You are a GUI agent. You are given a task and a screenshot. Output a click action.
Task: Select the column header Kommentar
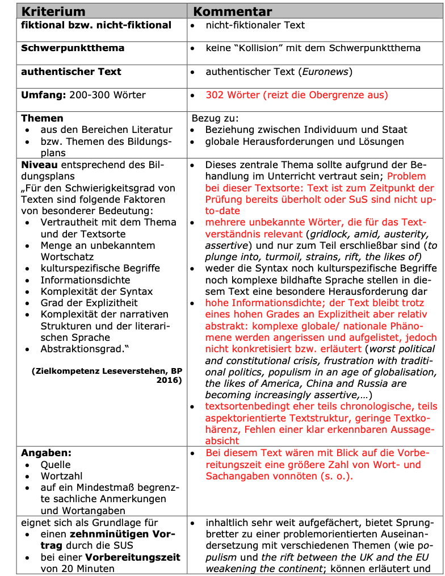[x=233, y=11]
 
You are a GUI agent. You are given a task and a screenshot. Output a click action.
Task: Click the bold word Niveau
[x=39, y=165]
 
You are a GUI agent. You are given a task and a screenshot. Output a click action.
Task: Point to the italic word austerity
[x=412, y=233]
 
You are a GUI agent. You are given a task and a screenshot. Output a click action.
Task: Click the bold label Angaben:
[x=47, y=453]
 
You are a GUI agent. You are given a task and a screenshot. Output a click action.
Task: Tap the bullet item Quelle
[x=56, y=465]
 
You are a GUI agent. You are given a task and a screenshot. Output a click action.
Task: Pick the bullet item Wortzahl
[x=61, y=476]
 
